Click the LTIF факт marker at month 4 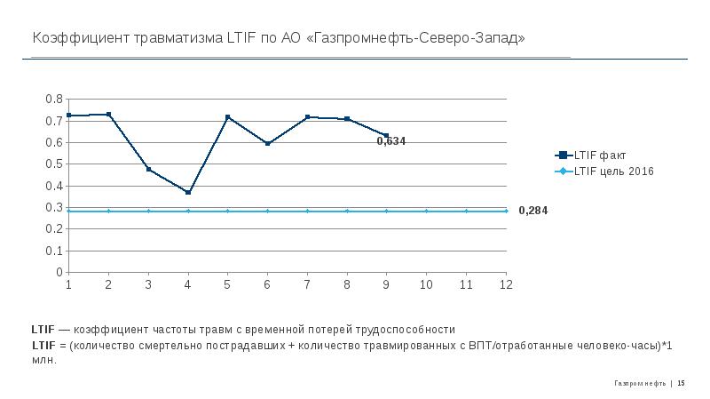click(x=188, y=192)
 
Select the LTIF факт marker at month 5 click(x=228, y=117)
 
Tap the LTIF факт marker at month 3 click(x=148, y=169)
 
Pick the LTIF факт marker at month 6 click(x=267, y=143)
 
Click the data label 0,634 click(x=390, y=140)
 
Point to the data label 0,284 click(x=532, y=211)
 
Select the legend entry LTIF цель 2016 click(x=613, y=171)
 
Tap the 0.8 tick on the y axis click(x=54, y=99)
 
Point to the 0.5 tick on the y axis click(x=54, y=164)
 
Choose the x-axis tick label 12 click(x=506, y=285)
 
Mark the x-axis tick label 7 click(x=307, y=285)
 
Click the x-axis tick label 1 click(x=68, y=285)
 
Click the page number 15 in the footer click(x=682, y=383)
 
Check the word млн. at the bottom click(x=43, y=360)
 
